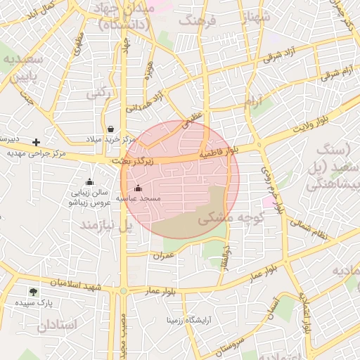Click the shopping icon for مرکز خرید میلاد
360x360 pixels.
coord(112,128)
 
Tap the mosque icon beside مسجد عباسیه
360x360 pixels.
coord(138,188)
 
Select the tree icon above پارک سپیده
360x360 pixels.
coord(34,291)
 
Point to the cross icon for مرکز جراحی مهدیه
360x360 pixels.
coord(37,142)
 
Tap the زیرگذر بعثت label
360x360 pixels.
coord(136,162)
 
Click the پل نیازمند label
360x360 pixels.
coord(107,226)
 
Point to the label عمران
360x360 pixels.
coord(163,256)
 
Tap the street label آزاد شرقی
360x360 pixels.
coord(282,55)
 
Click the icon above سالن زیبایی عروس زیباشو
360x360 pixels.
coord(89,182)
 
